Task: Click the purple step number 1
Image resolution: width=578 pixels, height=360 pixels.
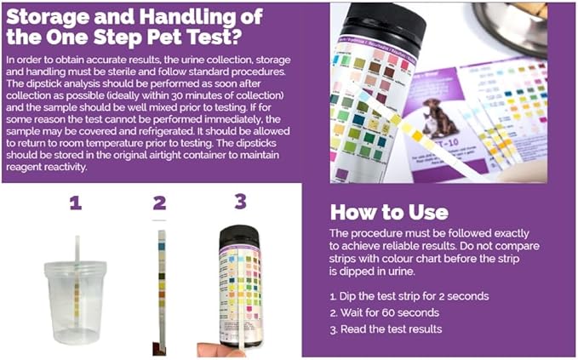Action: pyautogui.click(x=75, y=203)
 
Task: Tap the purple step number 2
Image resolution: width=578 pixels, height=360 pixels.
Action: pyautogui.click(x=159, y=203)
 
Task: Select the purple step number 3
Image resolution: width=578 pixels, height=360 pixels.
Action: pyautogui.click(x=241, y=202)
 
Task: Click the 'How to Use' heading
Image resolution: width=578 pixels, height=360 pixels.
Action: pyautogui.click(x=389, y=212)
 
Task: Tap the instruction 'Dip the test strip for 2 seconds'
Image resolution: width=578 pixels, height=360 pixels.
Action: pyautogui.click(x=412, y=296)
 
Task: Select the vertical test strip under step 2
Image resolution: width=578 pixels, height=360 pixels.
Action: pyautogui.click(x=161, y=281)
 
